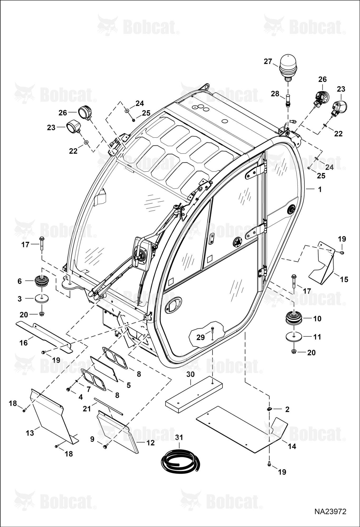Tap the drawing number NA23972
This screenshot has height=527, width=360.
pyautogui.click(x=330, y=511)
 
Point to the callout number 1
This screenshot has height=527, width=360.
pyautogui.click(x=320, y=189)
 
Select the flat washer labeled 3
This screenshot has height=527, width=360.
pyautogui.click(x=42, y=298)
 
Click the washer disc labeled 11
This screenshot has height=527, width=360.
pyautogui.click(x=293, y=337)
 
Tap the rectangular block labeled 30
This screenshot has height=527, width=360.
pyautogui.click(x=194, y=394)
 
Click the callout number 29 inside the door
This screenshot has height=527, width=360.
pyautogui.click(x=201, y=337)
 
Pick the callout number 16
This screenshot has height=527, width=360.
pyautogui.click(x=24, y=343)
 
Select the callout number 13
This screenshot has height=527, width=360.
pyautogui.click(x=30, y=433)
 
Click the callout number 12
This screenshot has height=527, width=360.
pyautogui.click(x=151, y=443)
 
